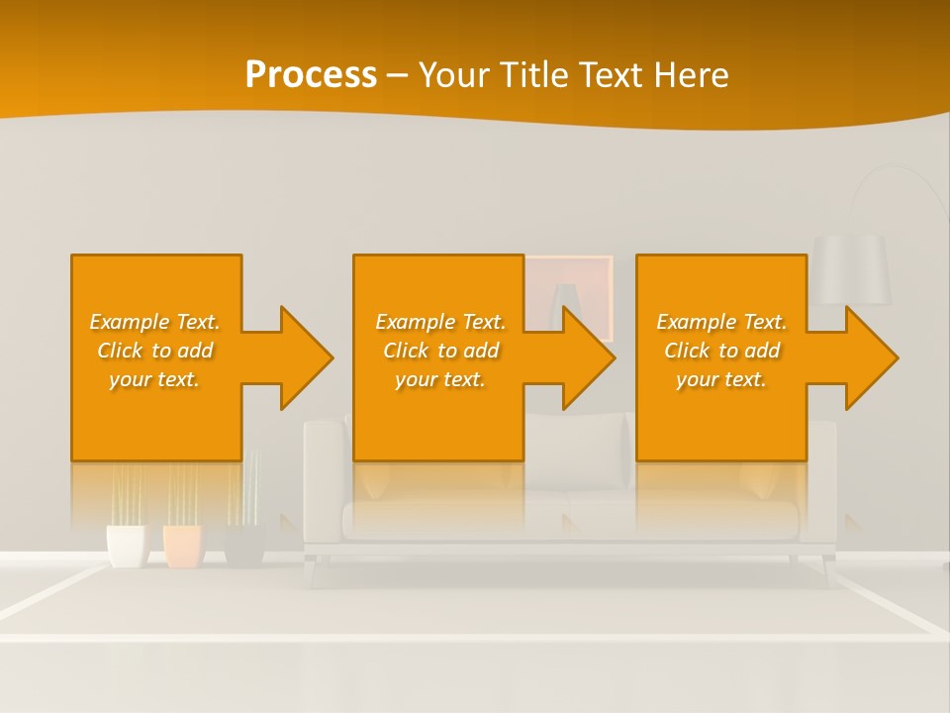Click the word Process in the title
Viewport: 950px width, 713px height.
pyautogui.click(x=311, y=75)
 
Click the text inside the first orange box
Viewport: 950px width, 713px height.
pyautogui.click(x=154, y=351)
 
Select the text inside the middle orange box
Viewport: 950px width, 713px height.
pyautogui.click(x=439, y=351)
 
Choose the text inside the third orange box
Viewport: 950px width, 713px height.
pyautogui.click(x=720, y=351)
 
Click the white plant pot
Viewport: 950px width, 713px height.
pyautogui.click(x=126, y=546)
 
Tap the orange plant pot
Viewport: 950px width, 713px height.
pyautogui.click(x=183, y=546)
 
